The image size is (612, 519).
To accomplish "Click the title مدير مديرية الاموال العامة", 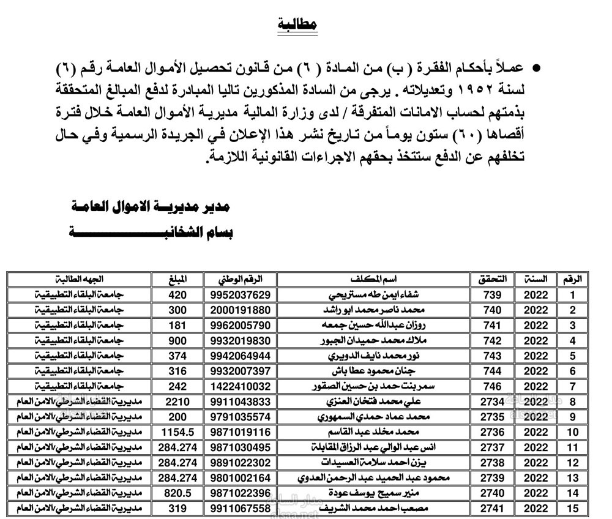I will [x=151, y=207].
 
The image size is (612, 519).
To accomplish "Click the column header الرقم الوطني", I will [x=241, y=279].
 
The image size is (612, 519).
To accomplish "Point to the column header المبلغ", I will [x=176, y=279].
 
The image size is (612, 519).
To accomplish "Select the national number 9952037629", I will [x=241, y=294].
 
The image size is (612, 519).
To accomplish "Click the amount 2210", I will [x=176, y=401].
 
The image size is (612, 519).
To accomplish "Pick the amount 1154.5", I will [x=176, y=432].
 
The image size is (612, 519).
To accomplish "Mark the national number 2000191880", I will [x=241, y=310].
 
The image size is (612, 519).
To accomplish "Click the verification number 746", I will [x=492, y=386].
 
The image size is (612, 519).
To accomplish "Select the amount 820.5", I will [x=176, y=493].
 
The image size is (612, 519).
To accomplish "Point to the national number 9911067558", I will [x=241, y=508].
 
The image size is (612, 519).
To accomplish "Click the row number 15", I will [x=573, y=508].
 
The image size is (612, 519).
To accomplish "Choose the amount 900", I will [x=176, y=340].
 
